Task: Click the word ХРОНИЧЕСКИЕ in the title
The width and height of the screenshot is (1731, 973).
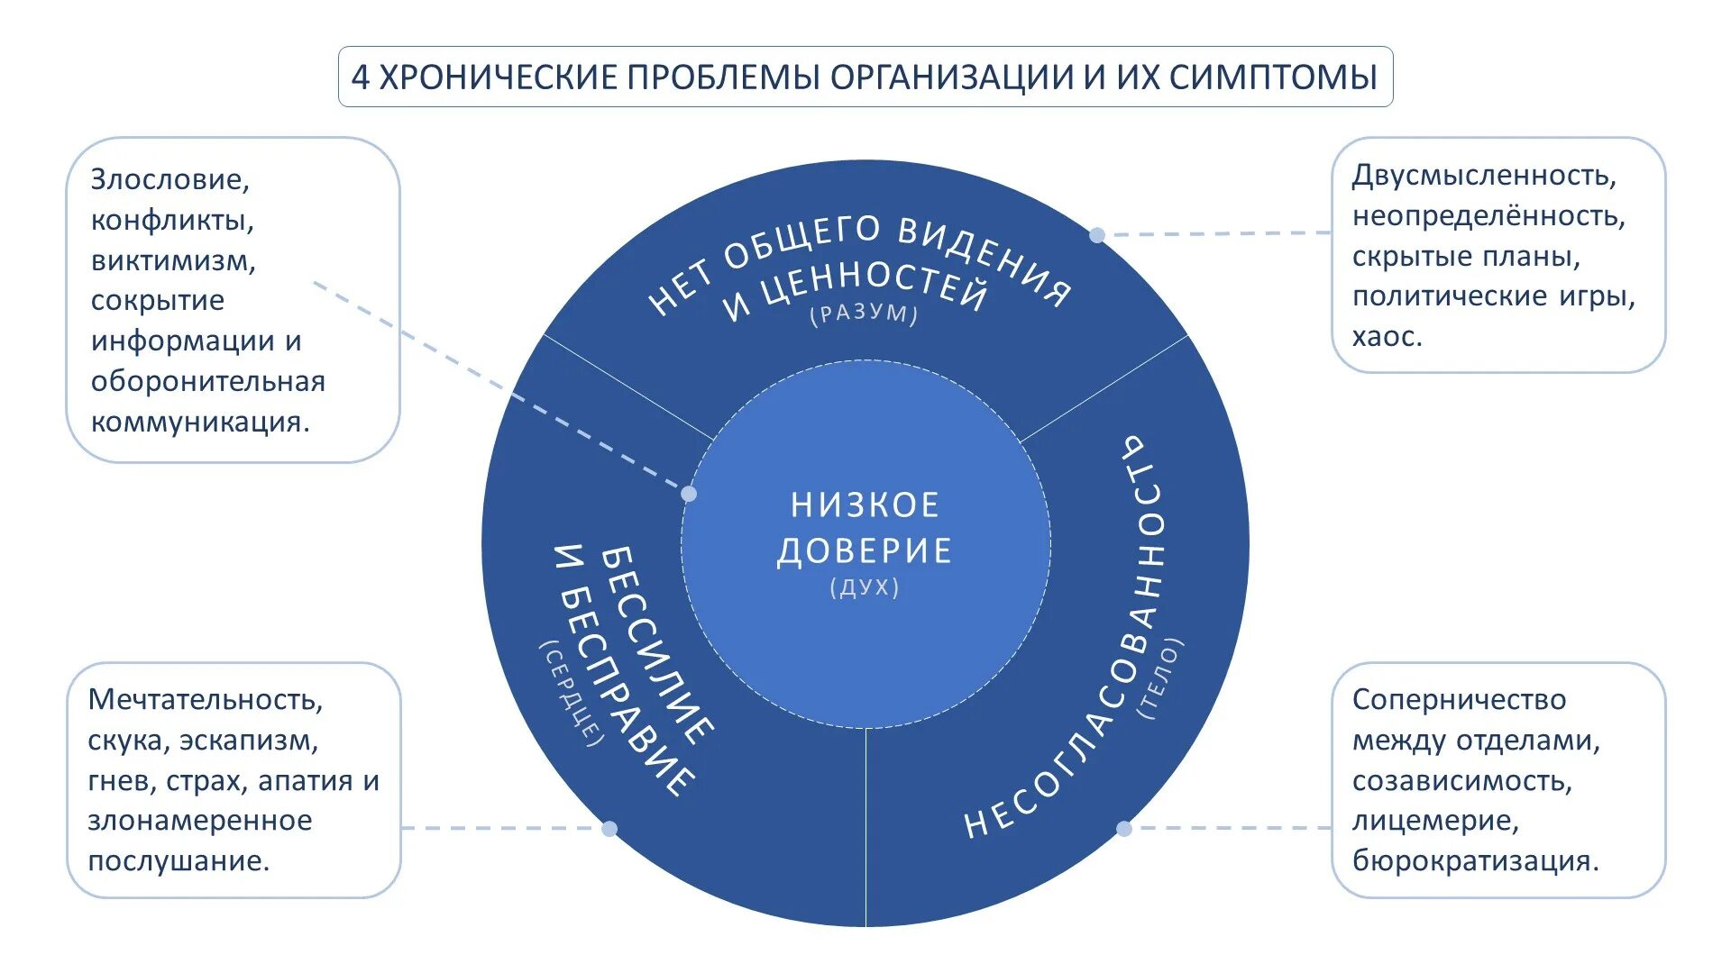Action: (x=498, y=77)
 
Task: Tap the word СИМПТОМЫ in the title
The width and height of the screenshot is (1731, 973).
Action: (x=1273, y=77)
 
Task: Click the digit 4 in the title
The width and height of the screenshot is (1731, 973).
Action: (x=361, y=77)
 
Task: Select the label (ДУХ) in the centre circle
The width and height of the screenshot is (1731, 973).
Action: (x=865, y=587)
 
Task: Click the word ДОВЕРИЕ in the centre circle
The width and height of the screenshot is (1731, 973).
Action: (x=865, y=550)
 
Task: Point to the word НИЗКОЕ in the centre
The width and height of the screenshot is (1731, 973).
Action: (x=865, y=505)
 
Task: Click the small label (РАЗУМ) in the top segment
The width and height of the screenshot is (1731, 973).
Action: (x=864, y=314)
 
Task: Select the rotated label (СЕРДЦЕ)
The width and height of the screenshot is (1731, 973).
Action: (x=572, y=694)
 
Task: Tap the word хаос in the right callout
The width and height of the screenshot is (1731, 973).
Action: (x=1386, y=337)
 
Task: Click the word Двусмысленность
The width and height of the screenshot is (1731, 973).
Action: (x=1484, y=175)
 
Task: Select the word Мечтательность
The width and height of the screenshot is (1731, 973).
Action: (x=206, y=700)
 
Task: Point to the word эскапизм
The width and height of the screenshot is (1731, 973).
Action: (x=249, y=741)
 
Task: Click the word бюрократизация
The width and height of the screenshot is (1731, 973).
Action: (x=1475, y=861)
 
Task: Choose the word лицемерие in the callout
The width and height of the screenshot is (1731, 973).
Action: (x=1435, y=821)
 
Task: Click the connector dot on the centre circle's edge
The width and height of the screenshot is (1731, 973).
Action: (x=689, y=494)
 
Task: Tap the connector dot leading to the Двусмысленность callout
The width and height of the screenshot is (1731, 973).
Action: (x=1097, y=235)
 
